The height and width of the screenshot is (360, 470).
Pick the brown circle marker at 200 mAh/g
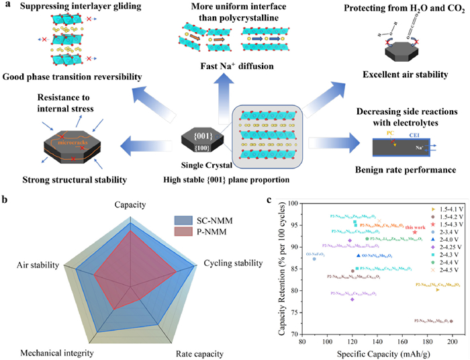coord(451,321)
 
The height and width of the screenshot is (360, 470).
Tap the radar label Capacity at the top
coord(132,204)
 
